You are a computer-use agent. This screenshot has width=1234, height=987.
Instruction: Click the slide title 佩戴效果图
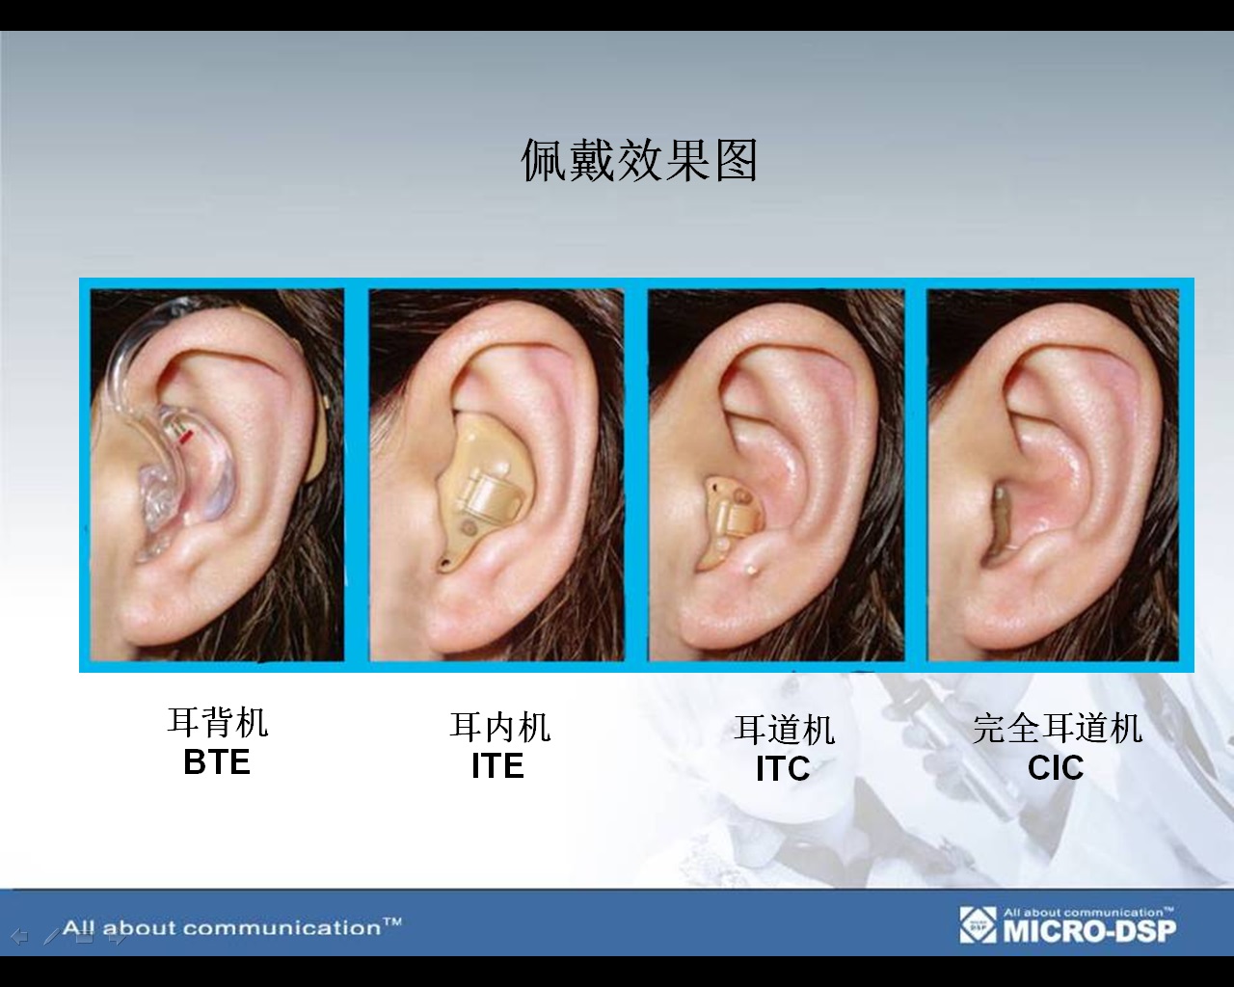639,161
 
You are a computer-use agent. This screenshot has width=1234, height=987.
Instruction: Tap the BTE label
217,762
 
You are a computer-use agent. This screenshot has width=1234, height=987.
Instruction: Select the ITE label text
497,765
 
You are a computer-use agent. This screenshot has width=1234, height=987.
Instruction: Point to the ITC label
783,768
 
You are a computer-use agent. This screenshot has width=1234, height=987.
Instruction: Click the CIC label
1056,767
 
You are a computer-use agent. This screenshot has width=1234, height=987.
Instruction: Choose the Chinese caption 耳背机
217,723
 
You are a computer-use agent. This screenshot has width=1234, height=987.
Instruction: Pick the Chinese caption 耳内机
499,727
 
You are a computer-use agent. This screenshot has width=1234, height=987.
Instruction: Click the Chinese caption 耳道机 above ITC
784,730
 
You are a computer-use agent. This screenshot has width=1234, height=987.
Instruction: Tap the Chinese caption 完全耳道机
1058,729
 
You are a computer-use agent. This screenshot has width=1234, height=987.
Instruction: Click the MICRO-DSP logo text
1089,930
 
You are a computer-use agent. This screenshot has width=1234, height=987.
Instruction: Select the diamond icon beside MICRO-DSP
979,924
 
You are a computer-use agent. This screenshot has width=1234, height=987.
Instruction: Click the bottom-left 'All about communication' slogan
232,927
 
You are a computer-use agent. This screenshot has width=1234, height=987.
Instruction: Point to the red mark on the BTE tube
186,439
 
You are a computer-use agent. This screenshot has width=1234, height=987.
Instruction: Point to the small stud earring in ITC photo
750,570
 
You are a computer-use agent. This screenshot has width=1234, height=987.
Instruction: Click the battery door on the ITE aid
491,493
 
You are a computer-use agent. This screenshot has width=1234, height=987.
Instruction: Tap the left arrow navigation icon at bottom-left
19,937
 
